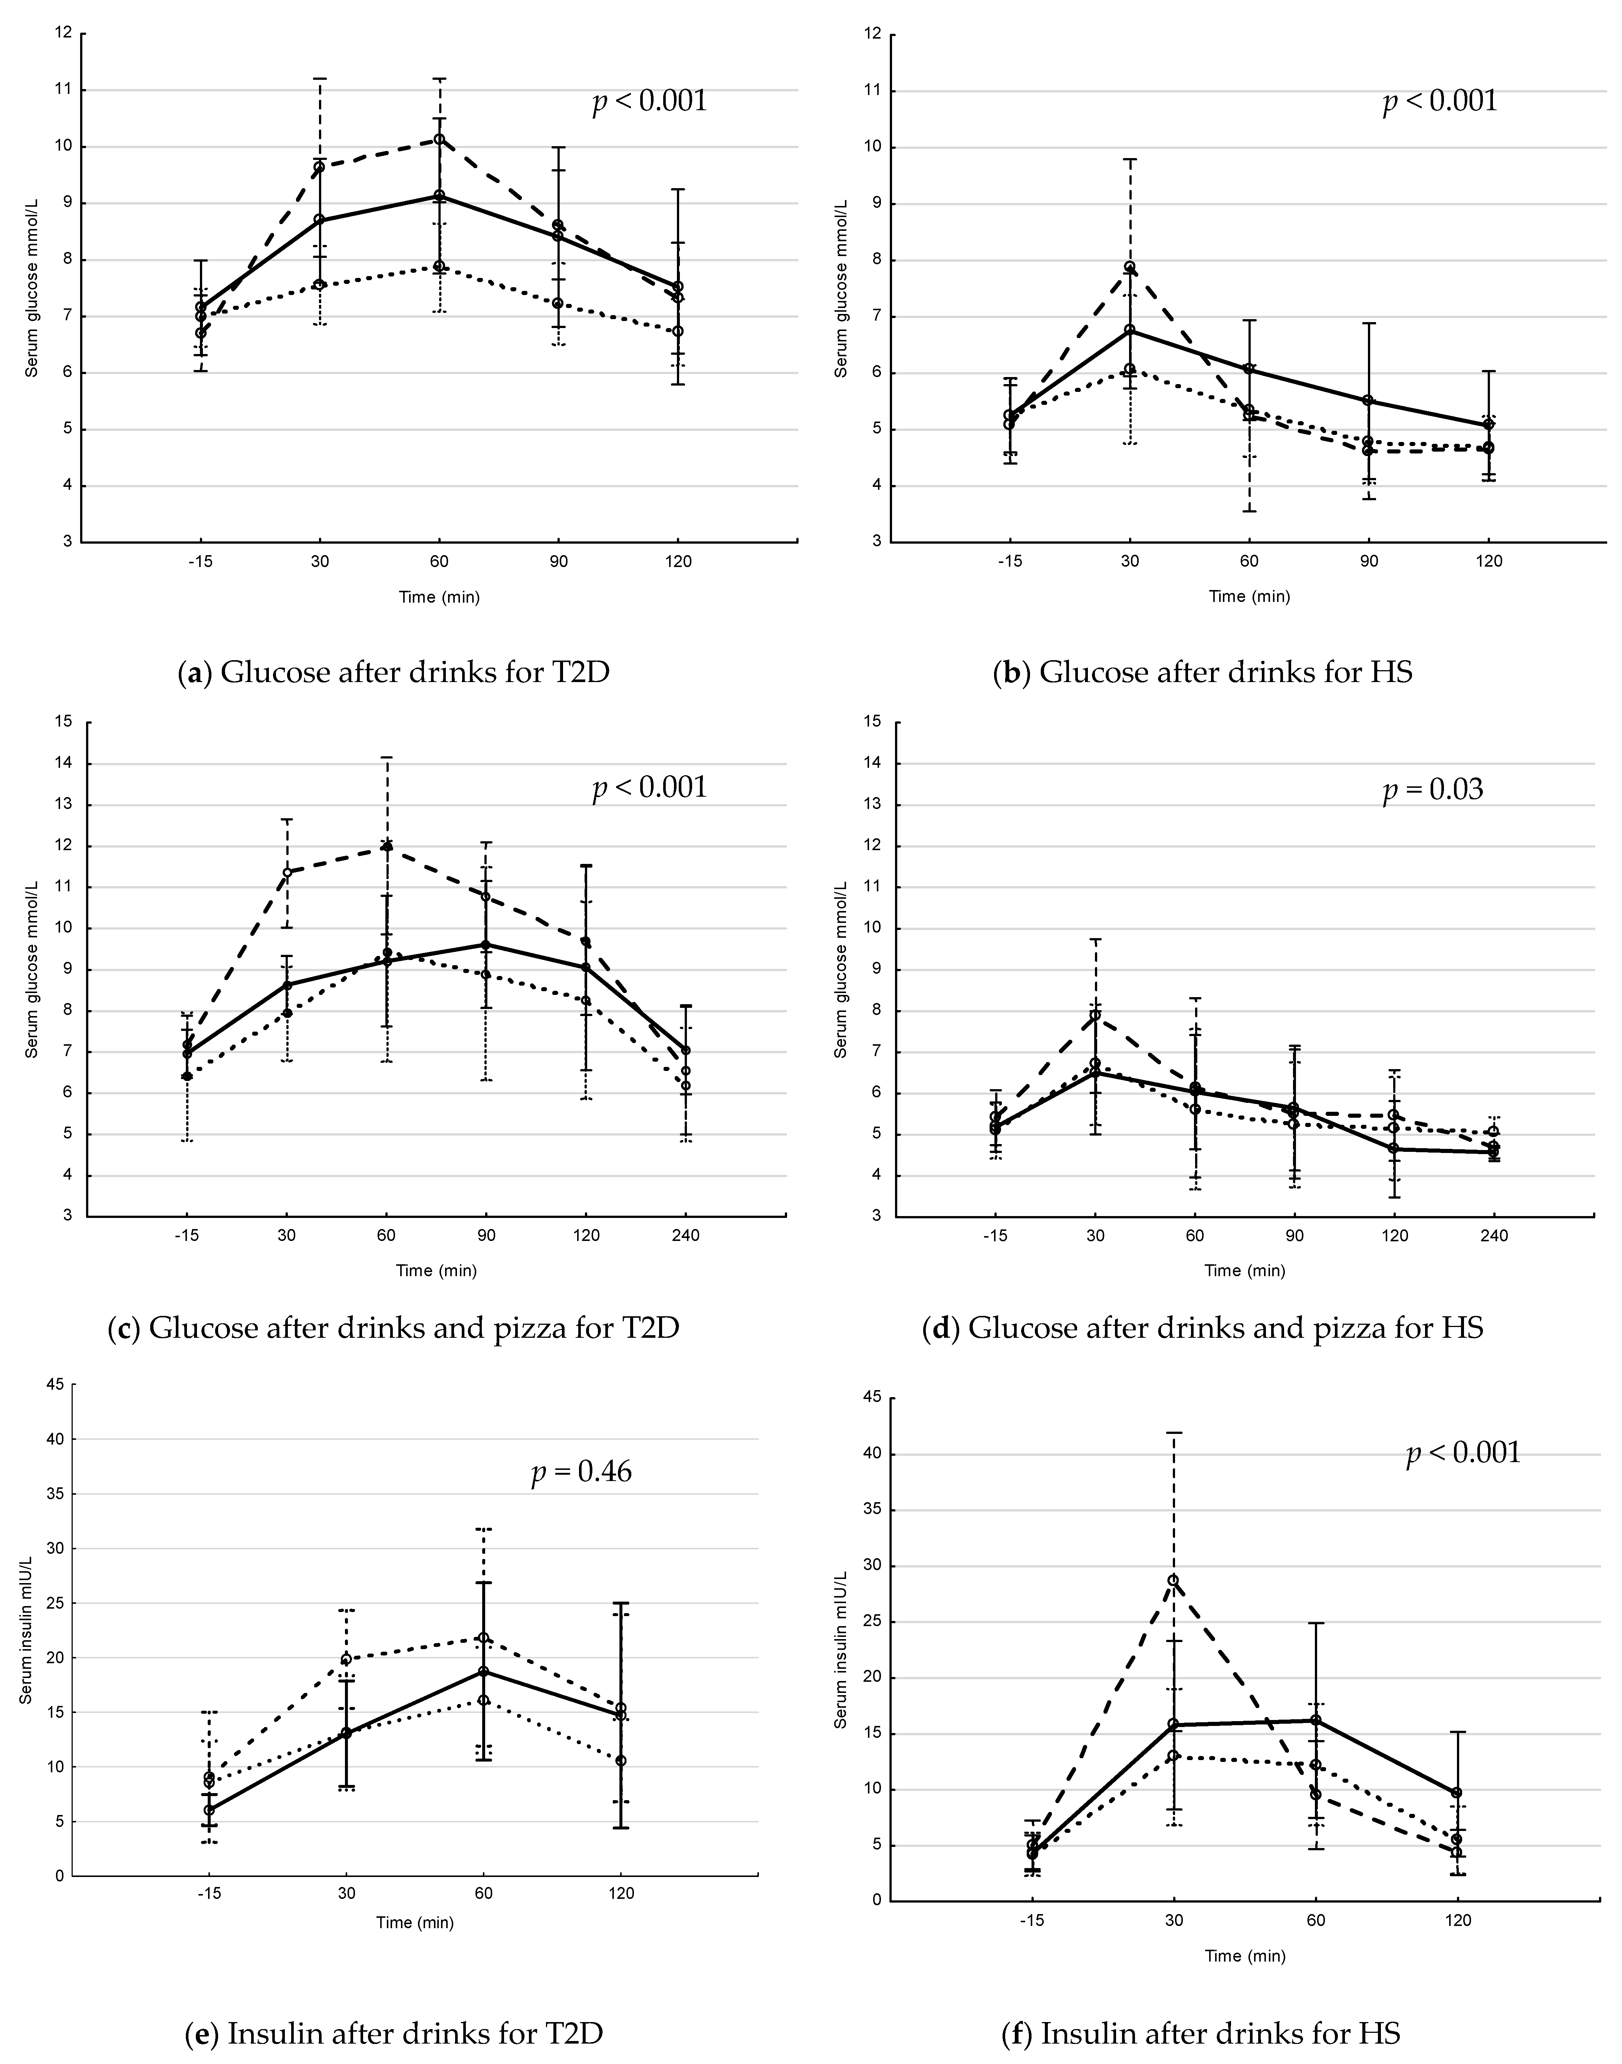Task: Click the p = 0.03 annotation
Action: (1432, 789)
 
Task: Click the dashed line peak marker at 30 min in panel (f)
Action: (1173, 1580)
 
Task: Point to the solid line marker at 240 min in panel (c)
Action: (686, 1051)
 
